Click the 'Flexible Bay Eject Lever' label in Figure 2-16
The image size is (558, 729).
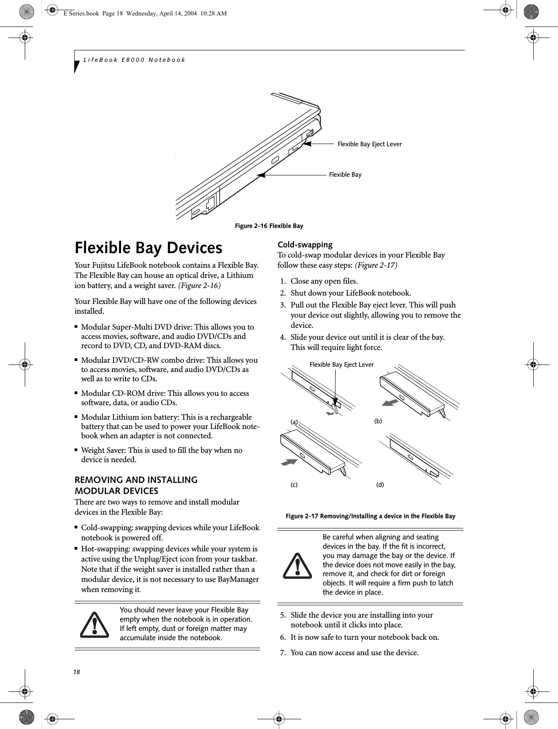tap(369, 144)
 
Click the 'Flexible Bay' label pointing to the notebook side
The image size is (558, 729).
tap(345, 175)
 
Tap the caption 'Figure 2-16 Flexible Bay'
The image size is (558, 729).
tap(269, 226)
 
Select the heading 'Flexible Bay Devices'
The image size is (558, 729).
tap(148, 248)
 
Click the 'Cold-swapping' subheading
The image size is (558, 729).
tap(305, 245)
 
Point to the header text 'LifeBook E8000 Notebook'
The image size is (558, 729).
tap(134, 59)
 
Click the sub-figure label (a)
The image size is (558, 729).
tap(294, 422)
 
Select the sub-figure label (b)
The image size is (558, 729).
tap(378, 421)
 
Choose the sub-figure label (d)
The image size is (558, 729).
tap(380, 485)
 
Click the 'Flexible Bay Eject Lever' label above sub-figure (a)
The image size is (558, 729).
tap(342, 364)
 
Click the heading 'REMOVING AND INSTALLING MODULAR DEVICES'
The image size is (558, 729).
tap(136, 485)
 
